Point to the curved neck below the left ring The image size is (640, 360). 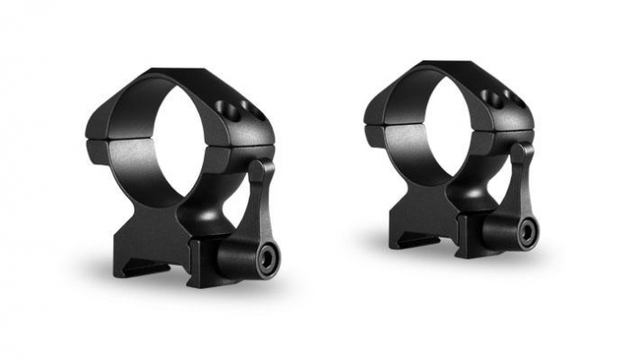197,224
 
